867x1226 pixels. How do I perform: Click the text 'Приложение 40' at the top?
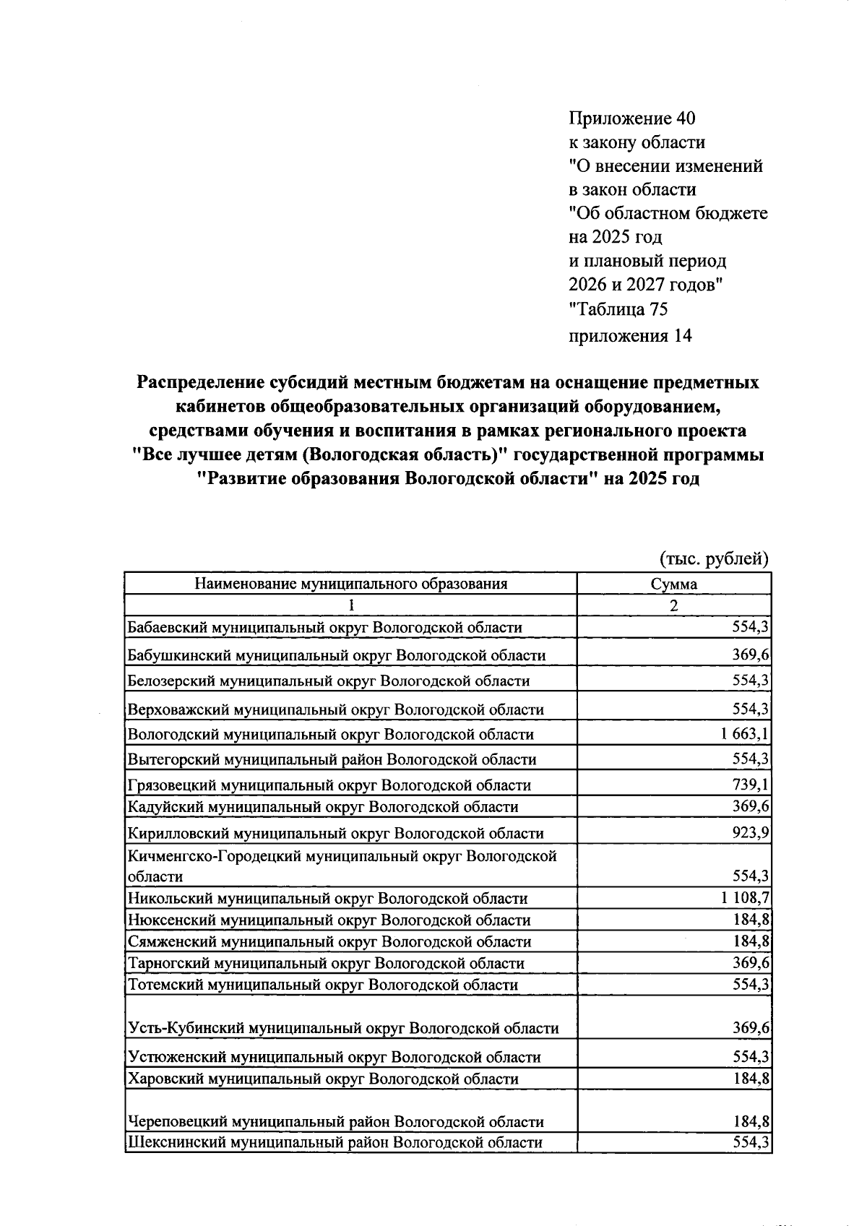(x=632, y=118)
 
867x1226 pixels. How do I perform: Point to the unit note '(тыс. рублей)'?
(x=714, y=558)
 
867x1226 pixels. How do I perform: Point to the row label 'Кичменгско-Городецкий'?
(x=342, y=857)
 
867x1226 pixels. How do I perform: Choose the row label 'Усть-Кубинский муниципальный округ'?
(x=342, y=1028)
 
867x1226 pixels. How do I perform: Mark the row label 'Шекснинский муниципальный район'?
(x=335, y=1142)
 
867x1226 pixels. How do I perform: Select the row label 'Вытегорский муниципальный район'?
(x=332, y=759)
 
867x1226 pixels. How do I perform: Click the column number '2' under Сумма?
(x=673, y=605)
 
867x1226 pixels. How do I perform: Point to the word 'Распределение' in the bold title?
(x=197, y=381)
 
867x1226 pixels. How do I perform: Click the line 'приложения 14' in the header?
(x=631, y=335)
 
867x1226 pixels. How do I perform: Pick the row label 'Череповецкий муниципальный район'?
(x=335, y=1121)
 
